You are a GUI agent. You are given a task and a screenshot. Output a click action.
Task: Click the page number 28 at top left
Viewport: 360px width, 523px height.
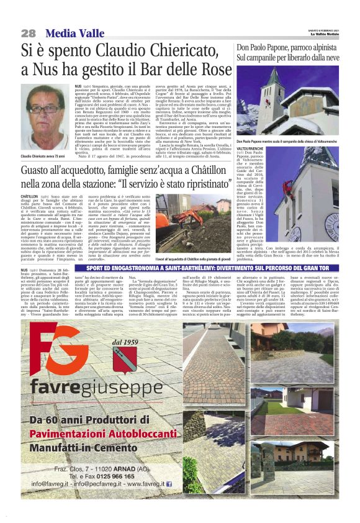click(28, 32)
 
